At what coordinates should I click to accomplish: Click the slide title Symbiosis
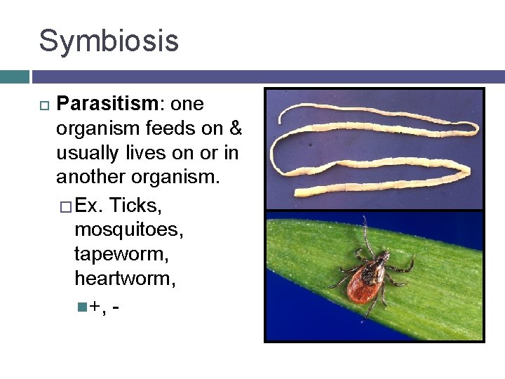coord(109,41)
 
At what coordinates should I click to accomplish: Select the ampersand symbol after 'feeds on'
coord(236,129)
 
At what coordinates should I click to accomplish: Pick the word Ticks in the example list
coord(137,205)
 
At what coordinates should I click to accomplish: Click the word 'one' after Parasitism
coord(187,105)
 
